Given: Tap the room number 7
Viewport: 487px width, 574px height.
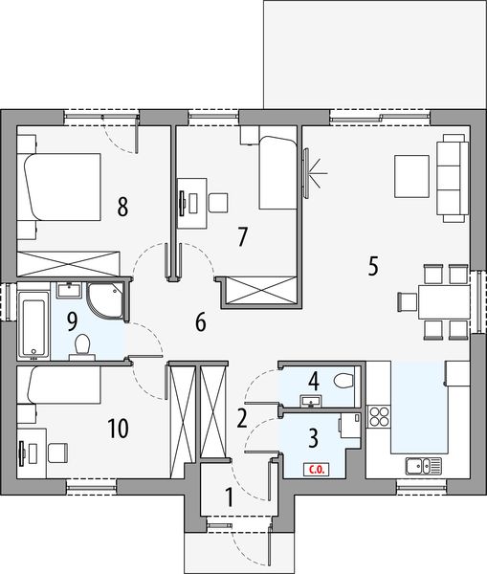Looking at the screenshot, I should tap(243, 236).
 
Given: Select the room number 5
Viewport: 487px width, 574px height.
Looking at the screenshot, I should tap(372, 266).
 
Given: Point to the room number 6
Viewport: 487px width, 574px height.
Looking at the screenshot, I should tap(201, 322).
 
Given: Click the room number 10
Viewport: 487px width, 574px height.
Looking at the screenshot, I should tap(118, 428).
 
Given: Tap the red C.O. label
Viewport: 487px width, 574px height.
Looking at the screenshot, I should tap(314, 469).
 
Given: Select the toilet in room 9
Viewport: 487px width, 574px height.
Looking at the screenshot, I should tap(82, 343).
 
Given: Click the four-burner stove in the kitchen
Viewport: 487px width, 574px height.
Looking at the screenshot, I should tap(379, 417).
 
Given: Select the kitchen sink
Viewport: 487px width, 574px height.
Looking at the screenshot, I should tap(420, 466).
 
